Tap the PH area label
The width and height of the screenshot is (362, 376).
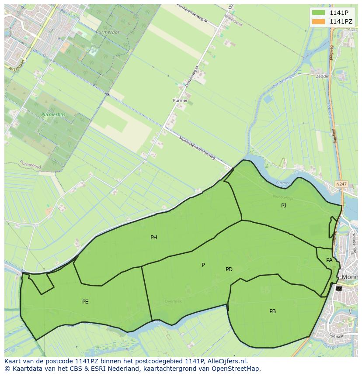(x=154, y=238)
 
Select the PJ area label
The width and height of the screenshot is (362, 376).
(x=284, y=205)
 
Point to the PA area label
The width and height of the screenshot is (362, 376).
(x=329, y=260)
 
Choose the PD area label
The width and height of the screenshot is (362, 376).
(x=229, y=269)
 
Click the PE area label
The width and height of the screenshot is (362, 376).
(x=85, y=302)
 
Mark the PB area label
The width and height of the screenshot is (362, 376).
(x=272, y=311)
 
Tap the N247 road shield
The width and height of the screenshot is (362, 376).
(x=341, y=184)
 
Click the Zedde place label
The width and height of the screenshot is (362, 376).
(x=322, y=76)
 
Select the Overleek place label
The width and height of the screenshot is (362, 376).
(x=173, y=301)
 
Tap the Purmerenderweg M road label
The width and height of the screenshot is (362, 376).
(x=192, y=14)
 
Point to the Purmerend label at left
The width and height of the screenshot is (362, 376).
(x=30, y=165)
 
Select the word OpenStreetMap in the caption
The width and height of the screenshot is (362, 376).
(x=237, y=369)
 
